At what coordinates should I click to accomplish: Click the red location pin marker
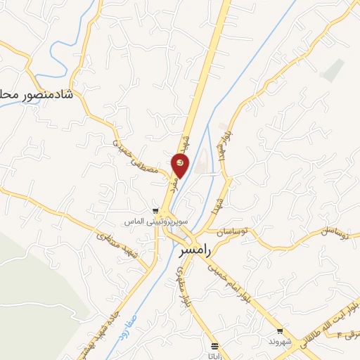180,165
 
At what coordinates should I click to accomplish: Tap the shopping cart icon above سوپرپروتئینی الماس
155,210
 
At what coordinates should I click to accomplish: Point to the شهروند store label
280,341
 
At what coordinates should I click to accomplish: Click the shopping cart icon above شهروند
280,331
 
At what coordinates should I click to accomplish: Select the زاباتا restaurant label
215,355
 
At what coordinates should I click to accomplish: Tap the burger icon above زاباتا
215,345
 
